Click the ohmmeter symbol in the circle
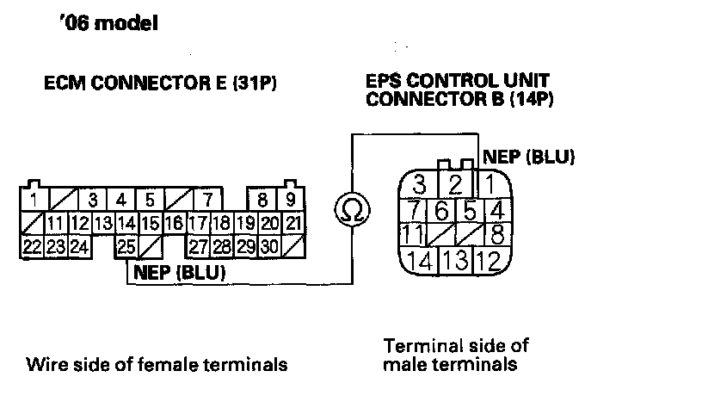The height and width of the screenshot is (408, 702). point(352,209)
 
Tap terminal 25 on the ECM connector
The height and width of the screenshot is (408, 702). point(126,247)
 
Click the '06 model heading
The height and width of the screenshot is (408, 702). point(108,23)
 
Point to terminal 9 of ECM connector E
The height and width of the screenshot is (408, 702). point(291,201)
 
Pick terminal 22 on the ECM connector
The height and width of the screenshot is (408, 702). point(32,247)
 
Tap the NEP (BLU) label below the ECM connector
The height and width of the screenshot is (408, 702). point(179,273)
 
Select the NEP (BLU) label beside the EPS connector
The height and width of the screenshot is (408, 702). point(529,157)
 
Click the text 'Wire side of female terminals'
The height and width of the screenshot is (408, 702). point(156,364)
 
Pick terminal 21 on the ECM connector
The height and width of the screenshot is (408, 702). point(292,224)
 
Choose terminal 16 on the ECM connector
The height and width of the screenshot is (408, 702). point(174,224)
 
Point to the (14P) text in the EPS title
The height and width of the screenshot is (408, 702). point(528,99)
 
